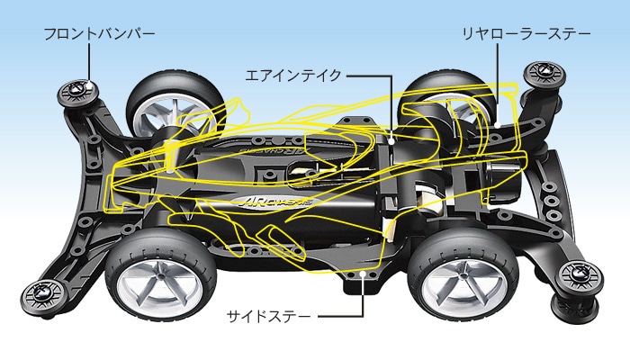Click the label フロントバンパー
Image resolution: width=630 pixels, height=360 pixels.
tap(99, 34)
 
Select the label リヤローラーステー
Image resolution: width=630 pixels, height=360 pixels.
tap(526, 34)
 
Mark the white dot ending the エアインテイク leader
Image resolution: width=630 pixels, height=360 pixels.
tap(393, 140)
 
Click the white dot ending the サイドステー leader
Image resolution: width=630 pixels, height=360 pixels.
tap(362, 269)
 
